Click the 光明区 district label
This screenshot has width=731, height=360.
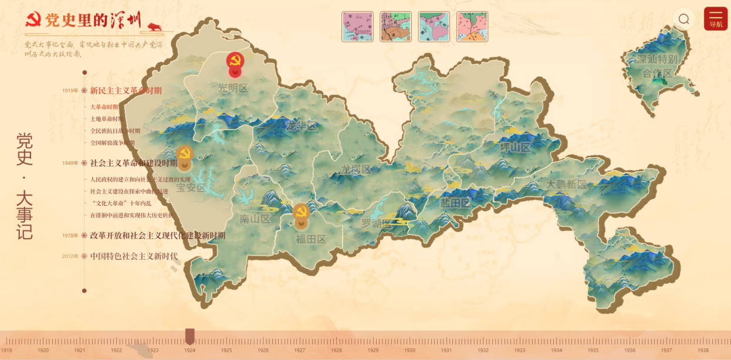click(233, 88)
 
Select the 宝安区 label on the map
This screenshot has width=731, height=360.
click(191, 188)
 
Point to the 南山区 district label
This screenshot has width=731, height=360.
click(255, 219)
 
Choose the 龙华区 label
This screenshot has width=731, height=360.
click(302, 126)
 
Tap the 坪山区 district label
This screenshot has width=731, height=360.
click(515, 147)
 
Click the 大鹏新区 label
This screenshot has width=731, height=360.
click(566, 184)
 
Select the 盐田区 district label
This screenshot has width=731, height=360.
click(455, 203)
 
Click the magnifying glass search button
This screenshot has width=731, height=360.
click(683, 19)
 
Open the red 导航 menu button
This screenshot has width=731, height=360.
click(716, 19)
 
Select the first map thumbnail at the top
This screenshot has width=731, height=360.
click(357, 26)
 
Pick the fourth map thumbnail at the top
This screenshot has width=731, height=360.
click(472, 26)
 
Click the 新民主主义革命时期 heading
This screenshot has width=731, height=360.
click(126, 90)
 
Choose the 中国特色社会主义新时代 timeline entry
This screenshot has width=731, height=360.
click(134, 256)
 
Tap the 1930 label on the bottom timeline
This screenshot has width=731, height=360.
click(410, 350)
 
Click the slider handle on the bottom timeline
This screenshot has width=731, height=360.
click(189, 336)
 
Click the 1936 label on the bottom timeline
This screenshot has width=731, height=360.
click(630, 350)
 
